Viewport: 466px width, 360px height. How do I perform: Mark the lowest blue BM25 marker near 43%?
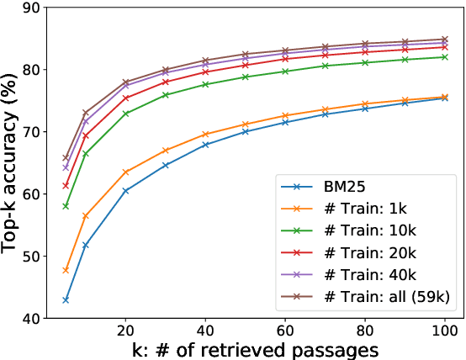(x=66, y=300)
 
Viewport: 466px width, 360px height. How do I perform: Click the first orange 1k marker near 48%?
(x=66, y=270)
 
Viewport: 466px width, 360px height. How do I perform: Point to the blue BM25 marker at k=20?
(x=126, y=191)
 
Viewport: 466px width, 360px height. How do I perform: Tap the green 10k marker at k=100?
(x=444, y=57)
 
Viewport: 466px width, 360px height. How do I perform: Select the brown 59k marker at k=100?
(x=444, y=40)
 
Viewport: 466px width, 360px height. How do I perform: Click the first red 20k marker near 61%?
(x=66, y=186)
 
